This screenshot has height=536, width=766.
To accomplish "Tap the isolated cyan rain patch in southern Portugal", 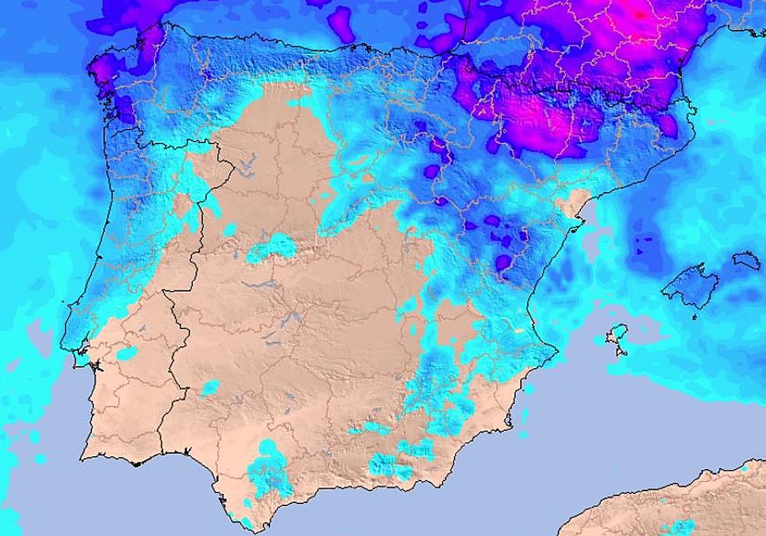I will coord(126,353).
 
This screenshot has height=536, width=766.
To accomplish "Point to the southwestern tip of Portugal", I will coord(83,457).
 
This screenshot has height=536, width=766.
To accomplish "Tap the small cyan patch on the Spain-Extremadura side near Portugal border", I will coord(210,387).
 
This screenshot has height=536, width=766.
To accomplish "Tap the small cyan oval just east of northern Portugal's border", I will coord(230,228).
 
